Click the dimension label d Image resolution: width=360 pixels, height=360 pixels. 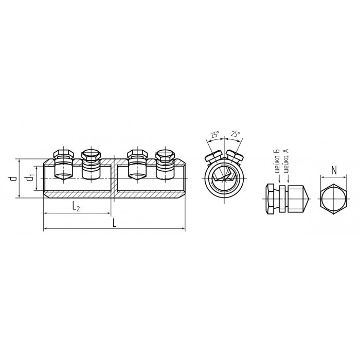pos(14,178)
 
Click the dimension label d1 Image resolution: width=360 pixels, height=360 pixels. pos(30,178)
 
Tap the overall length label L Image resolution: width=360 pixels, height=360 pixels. pos(115,223)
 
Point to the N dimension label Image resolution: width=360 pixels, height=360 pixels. pos(334,170)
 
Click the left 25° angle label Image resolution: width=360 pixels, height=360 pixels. pos(215,135)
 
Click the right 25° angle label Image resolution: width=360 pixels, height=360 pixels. pos(236,134)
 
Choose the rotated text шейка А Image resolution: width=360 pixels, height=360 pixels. pos(286,160)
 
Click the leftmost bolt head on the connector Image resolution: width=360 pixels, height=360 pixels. pos(64,154)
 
